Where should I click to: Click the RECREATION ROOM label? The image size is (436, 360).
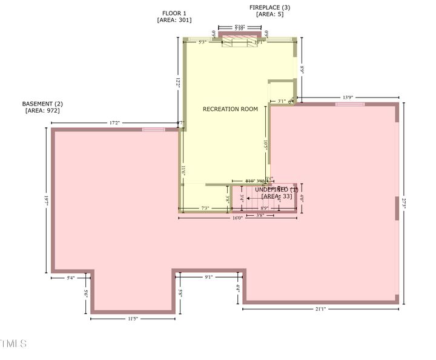(230, 109)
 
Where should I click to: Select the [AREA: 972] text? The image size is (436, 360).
(42, 111)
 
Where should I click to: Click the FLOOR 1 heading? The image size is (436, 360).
(174, 13)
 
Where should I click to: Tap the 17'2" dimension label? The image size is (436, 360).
(114, 123)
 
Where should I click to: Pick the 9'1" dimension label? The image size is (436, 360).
(209, 277)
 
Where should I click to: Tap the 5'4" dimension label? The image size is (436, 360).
(71, 278)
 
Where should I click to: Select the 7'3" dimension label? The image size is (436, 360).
(205, 208)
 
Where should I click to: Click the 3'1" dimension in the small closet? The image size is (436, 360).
(282, 101)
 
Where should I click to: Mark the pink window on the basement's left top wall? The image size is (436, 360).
(153, 130)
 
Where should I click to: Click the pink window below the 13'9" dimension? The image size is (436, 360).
(350, 104)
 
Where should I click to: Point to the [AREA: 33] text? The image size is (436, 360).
(277, 196)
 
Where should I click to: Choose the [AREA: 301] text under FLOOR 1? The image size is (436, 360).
(174, 20)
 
